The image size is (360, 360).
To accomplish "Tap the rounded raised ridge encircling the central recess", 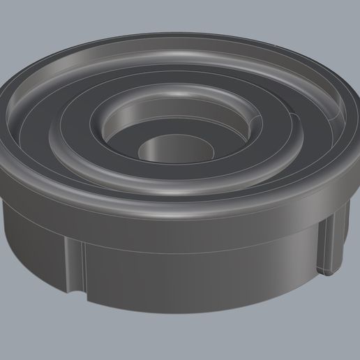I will [x=84, y=140].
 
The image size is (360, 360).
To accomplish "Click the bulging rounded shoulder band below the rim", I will [x=174, y=220].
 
